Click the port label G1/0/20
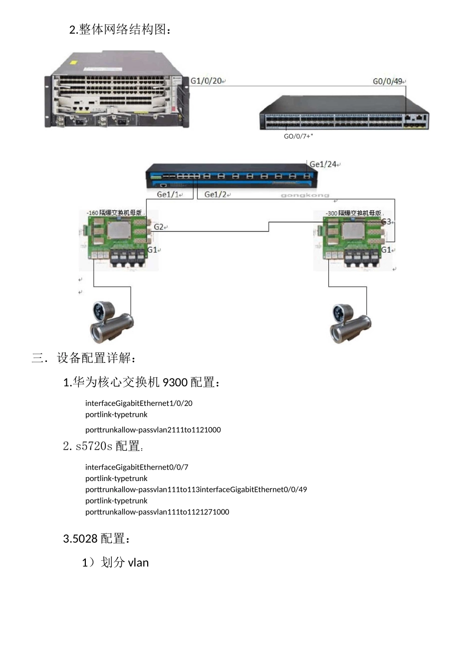206,81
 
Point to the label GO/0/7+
297,136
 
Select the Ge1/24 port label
323,164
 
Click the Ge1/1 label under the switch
169,194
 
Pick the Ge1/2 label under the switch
216,194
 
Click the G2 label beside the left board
159,227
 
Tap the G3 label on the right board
387,221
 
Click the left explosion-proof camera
111,322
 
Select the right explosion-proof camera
351,323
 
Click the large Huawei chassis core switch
117,90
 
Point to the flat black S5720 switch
344,113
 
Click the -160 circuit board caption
114,213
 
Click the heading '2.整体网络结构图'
120,30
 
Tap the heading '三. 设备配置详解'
84,358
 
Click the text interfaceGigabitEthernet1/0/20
139,403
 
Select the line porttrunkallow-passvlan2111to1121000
153,430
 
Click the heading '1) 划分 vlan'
115,563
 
